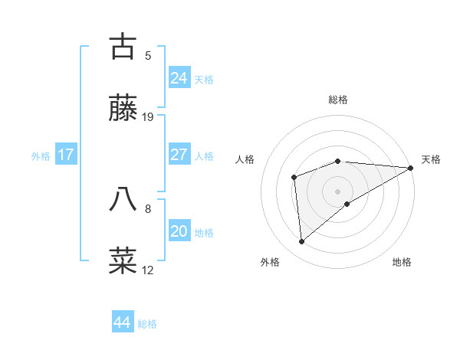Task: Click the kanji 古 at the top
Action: point(123,46)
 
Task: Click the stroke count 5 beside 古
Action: point(148,55)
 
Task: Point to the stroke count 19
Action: point(148,117)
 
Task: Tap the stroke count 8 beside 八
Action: point(148,207)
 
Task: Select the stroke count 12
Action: point(148,270)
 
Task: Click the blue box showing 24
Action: point(179,77)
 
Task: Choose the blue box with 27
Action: point(179,154)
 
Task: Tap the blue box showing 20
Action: point(179,231)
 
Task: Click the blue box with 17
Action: point(66,155)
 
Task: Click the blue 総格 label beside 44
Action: point(147,324)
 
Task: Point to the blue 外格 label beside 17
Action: point(41,156)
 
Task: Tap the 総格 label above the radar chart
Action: point(338,100)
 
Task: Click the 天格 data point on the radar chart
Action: point(411,168)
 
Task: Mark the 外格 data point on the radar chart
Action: point(302,241)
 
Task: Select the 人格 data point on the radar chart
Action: point(294,178)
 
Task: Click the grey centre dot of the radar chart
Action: point(338,191)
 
